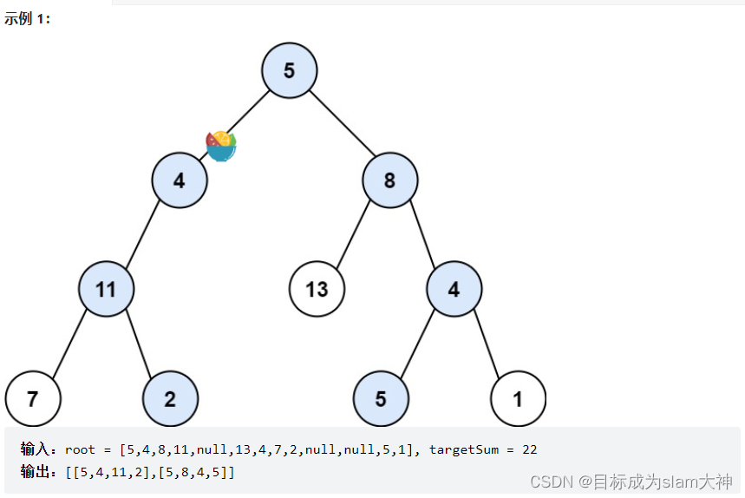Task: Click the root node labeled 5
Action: [289, 70]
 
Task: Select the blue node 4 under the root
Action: [180, 180]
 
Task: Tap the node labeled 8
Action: [389, 180]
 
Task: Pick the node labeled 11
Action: [106, 289]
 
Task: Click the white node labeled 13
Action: [317, 289]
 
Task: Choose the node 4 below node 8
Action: [454, 289]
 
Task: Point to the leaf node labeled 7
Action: [33, 399]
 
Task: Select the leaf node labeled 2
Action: [170, 399]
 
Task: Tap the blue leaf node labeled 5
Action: [381, 399]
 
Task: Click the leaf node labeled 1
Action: [518, 399]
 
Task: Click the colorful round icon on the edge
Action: [221, 146]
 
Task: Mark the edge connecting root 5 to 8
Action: [339, 124]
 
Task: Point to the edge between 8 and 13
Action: [354, 234]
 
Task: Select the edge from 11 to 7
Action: [69, 344]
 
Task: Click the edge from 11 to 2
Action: [138, 344]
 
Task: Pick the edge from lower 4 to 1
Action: [486, 344]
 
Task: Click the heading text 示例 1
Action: [28, 19]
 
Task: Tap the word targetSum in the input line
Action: [464, 449]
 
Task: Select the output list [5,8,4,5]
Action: [196, 471]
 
